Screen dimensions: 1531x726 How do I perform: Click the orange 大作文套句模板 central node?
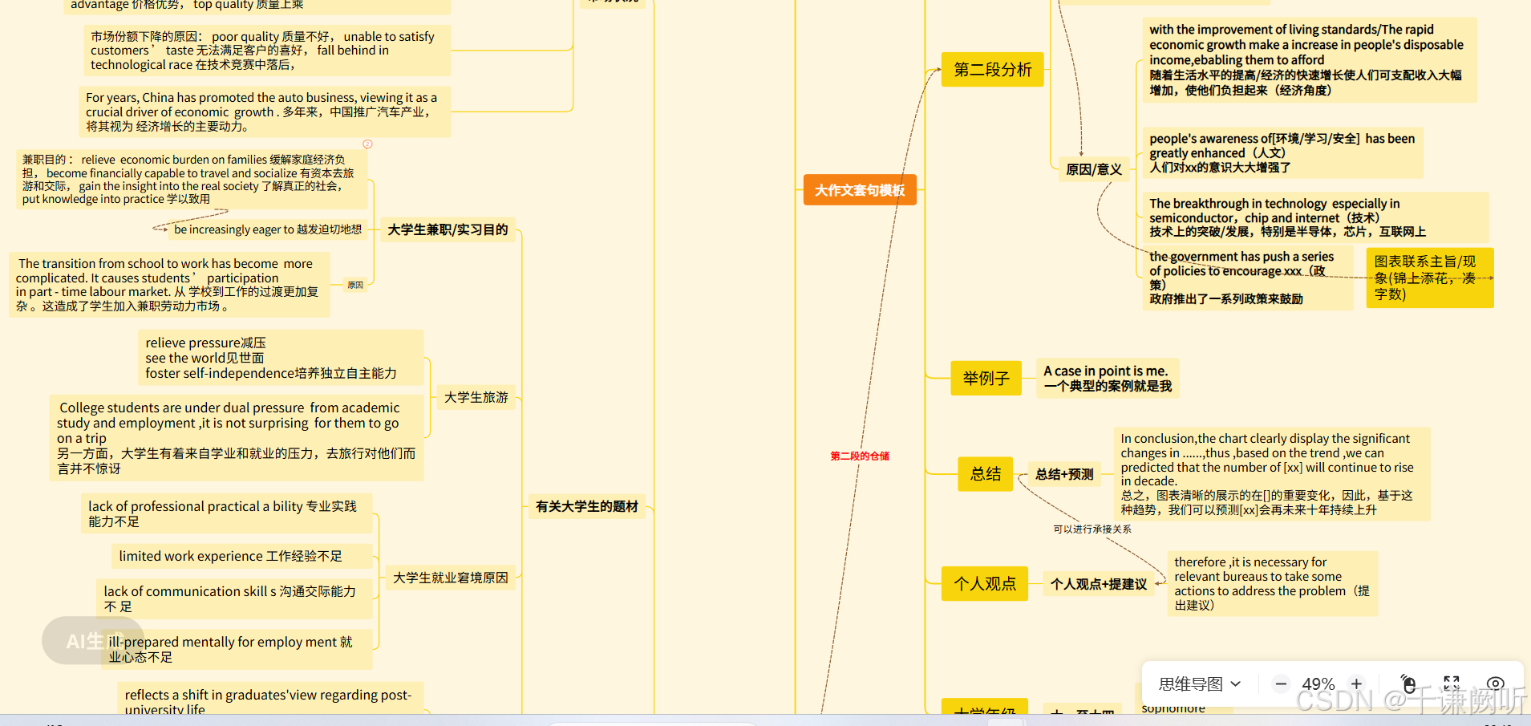coord(860,190)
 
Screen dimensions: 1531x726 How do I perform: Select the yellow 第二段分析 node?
coord(993,70)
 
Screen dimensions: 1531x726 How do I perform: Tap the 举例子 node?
coord(986,379)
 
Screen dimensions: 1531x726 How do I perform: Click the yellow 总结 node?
coord(986,474)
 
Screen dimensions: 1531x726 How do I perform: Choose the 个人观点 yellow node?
coord(985,584)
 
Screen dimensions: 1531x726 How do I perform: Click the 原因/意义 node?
coord(1093,169)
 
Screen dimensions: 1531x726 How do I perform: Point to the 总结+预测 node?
coord(1064,474)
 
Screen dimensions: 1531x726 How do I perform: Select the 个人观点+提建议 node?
coord(1099,584)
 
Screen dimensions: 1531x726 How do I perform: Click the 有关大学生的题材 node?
coord(587,506)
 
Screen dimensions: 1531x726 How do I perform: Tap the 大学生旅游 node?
coord(476,397)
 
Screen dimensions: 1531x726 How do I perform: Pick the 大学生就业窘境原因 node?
coord(451,578)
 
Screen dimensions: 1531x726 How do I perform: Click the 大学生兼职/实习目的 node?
coord(448,229)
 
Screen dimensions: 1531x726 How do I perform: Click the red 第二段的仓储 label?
coord(860,456)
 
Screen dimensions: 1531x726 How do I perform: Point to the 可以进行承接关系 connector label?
coord(1092,529)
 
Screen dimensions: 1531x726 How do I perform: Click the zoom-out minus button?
coord(1281,684)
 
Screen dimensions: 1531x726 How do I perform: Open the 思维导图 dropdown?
coord(1200,684)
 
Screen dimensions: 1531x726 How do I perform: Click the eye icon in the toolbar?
coord(1495,684)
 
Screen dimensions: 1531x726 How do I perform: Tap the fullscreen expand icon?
coord(1452,684)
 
